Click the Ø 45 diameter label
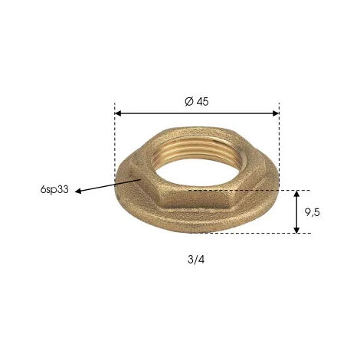[197, 102]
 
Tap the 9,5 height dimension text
[312, 212]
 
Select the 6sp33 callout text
[54, 189]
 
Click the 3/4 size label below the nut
[196, 260]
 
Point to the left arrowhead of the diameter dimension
[118, 113]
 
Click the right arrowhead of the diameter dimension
[276, 113]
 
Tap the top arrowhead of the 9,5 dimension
[296, 194]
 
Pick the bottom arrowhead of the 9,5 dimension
[296, 230]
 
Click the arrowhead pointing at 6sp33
[78, 191]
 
